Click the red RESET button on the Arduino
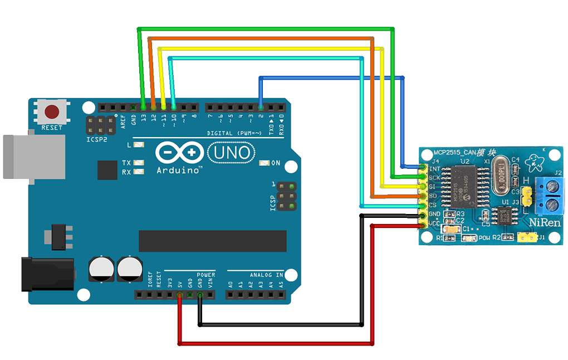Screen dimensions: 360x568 52,112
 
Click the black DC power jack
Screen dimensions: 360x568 47,274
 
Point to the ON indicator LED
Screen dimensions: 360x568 265,163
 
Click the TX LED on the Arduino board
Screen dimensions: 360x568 139,163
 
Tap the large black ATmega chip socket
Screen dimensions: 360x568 212,241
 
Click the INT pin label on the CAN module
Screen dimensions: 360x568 435,168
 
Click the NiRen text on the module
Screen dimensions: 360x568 545,223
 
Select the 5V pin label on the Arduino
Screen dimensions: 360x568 179,283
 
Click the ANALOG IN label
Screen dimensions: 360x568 265,275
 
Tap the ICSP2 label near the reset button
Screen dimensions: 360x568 97,139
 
